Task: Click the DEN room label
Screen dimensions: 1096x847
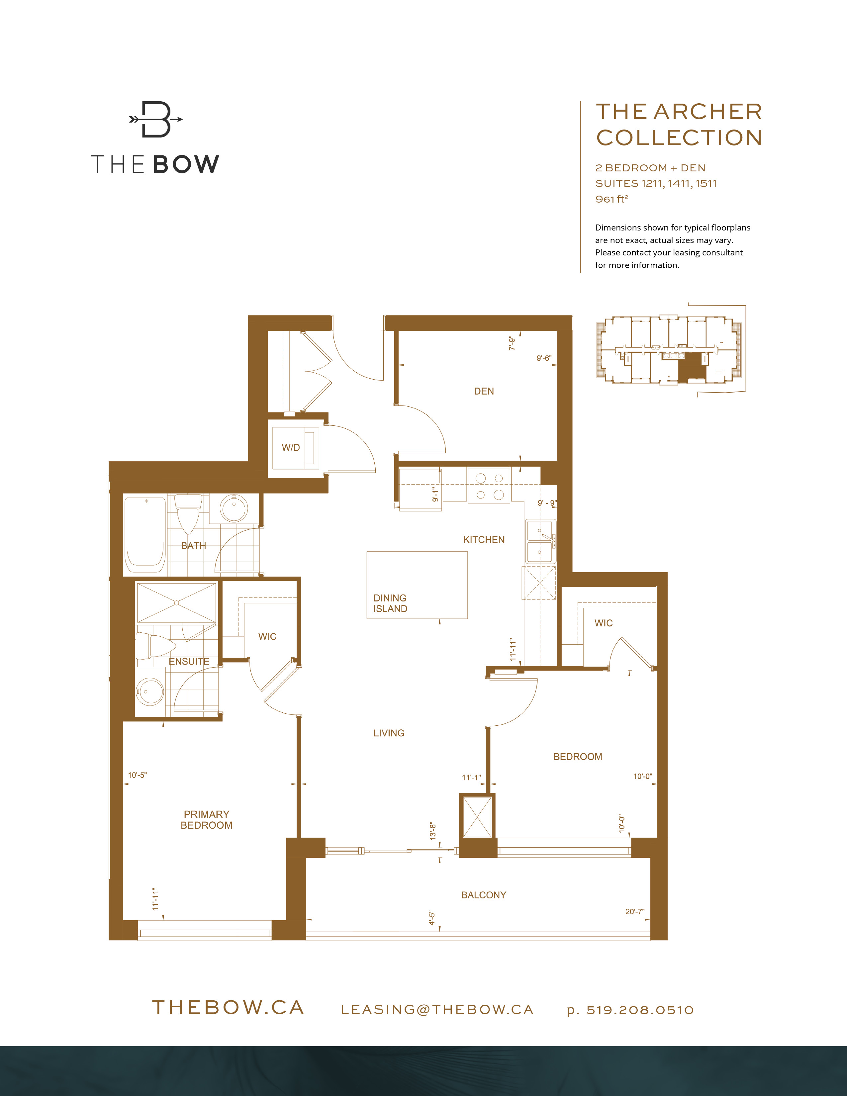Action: click(x=484, y=391)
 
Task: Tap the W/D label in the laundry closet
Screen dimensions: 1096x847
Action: click(x=291, y=447)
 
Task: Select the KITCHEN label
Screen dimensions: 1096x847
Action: click(x=484, y=539)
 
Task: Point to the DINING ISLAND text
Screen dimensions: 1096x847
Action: click(x=390, y=603)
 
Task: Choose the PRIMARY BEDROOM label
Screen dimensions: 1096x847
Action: click(x=206, y=819)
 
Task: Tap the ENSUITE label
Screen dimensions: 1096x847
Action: click(x=189, y=661)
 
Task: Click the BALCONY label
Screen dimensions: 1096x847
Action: click(x=483, y=895)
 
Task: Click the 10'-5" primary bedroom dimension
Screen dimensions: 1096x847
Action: click(x=137, y=775)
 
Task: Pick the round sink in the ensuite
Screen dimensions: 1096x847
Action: click(x=149, y=691)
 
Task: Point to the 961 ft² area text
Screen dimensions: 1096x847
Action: click(x=612, y=199)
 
